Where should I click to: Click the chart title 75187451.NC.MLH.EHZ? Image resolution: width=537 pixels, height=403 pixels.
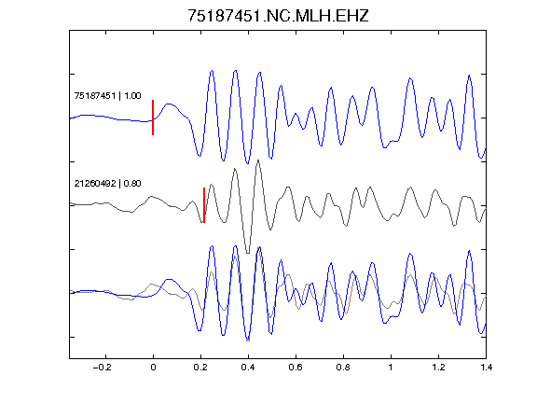(x=278, y=16)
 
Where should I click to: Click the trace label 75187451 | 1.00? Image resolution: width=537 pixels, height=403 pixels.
(x=107, y=95)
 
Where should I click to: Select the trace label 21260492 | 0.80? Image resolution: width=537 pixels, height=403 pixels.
(x=107, y=184)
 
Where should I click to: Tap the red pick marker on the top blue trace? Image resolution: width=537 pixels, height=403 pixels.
(x=153, y=118)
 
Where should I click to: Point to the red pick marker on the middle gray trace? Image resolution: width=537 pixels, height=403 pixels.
(x=204, y=205)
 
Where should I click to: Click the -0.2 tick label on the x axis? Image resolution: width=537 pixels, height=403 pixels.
(x=103, y=368)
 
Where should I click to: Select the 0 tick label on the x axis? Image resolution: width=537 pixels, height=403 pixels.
(x=153, y=368)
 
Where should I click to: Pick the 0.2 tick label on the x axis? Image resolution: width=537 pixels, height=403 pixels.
(x=200, y=368)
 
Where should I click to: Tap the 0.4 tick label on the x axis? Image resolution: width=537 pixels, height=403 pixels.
(x=248, y=368)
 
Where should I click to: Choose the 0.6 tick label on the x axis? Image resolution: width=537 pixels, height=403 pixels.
(x=296, y=368)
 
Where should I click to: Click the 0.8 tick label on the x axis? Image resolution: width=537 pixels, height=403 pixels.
(x=343, y=368)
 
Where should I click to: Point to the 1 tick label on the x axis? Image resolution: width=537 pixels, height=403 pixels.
(x=391, y=368)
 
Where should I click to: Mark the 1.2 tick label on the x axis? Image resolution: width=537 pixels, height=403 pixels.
(x=438, y=368)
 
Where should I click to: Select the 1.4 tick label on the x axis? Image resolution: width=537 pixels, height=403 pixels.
(x=486, y=368)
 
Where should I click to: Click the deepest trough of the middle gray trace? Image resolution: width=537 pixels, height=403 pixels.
(x=248, y=253)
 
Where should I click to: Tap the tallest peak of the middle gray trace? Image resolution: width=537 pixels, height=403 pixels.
(x=258, y=160)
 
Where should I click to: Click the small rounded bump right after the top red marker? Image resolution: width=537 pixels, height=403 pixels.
(x=169, y=104)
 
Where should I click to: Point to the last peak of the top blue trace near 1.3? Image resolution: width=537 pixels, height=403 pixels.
(x=469, y=76)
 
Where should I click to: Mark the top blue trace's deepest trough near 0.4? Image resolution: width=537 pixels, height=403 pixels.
(x=248, y=163)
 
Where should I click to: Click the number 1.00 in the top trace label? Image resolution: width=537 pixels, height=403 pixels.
(x=132, y=95)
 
